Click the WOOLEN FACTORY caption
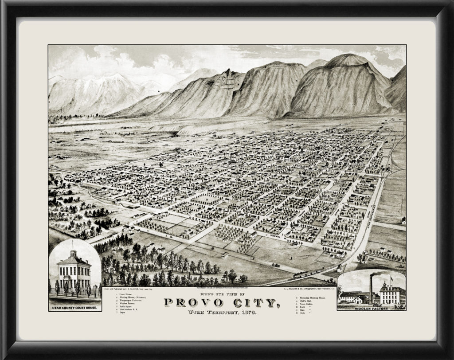[372, 307]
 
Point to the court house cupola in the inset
[73, 254]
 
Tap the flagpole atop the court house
[73, 244]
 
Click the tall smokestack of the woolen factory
[371, 288]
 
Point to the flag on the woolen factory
[392, 278]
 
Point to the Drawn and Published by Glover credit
[129, 288]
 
